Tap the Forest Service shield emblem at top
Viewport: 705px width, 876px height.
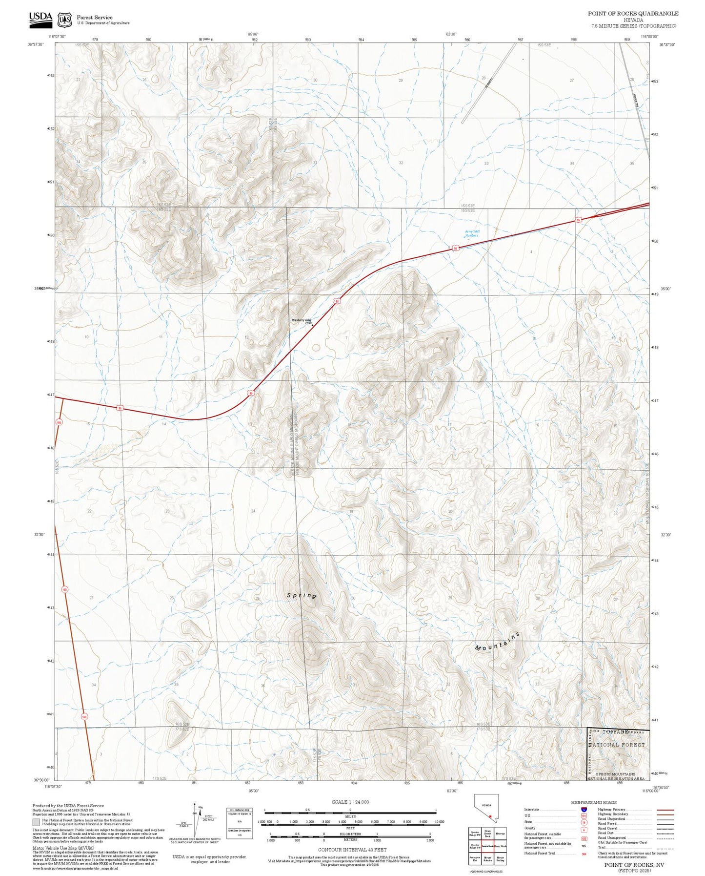[x=64, y=20]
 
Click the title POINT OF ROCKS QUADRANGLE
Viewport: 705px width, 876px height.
[x=633, y=13]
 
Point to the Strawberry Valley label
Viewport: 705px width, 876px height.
[x=301, y=320]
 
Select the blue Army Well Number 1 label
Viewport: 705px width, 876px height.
[x=471, y=233]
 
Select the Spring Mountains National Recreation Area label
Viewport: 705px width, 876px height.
[x=616, y=776]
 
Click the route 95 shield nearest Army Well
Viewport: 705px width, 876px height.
[x=455, y=248]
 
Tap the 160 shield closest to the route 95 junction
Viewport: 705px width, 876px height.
[x=59, y=422]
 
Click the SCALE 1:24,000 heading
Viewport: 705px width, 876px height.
[x=350, y=802]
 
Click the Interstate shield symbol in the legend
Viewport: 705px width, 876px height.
[x=584, y=810]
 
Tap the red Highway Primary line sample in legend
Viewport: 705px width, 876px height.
[x=665, y=810]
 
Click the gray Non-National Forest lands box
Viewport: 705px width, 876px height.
[x=36, y=822]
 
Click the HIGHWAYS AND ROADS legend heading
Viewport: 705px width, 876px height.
[x=593, y=802]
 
